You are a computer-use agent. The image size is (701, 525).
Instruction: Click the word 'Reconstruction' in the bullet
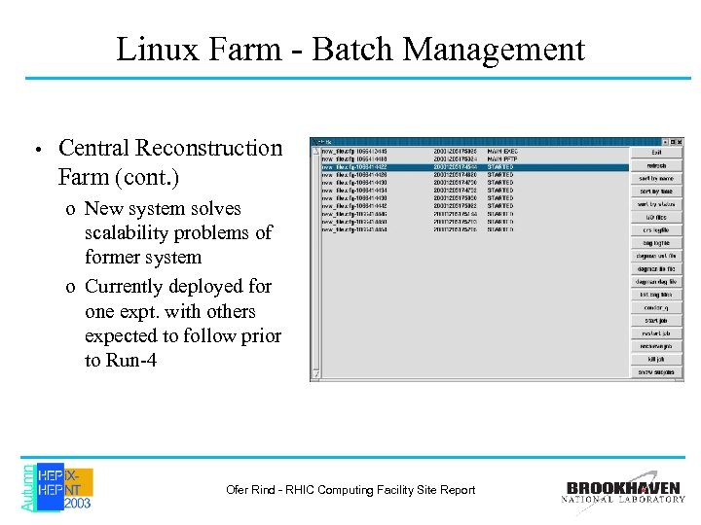pyautogui.click(x=208, y=149)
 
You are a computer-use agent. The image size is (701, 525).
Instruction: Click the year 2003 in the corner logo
pyautogui.click(x=78, y=504)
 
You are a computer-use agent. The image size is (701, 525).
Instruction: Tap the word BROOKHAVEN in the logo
pyautogui.click(x=624, y=488)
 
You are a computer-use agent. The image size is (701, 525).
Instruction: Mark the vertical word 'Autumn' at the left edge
pyautogui.click(x=27, y=487)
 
